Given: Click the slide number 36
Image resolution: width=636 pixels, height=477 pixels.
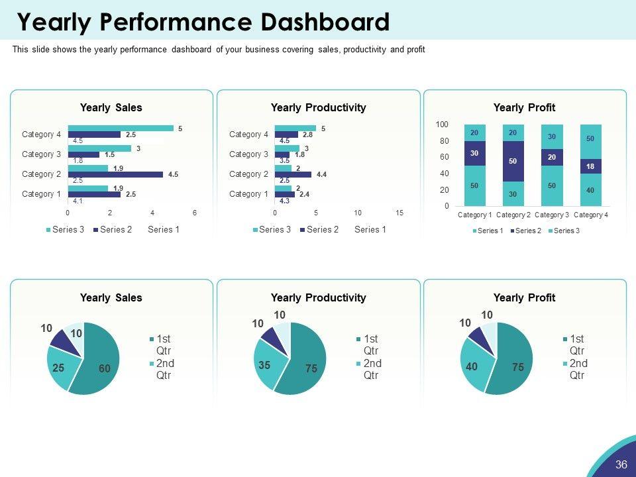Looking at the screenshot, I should (621, 464).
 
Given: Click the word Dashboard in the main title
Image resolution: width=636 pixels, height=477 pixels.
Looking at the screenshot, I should (323, 22).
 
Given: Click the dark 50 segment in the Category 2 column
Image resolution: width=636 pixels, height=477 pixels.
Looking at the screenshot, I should (513, 161).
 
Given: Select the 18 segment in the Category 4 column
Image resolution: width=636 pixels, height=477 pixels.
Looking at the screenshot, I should (590, 166).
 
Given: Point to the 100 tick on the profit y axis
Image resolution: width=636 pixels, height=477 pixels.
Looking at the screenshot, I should (442, 125).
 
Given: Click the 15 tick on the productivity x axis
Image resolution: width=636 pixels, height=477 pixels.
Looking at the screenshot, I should (399, 213).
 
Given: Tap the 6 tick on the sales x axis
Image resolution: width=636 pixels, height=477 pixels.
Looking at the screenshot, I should (195, 213).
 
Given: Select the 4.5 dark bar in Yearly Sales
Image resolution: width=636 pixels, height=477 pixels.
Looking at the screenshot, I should (115, 175).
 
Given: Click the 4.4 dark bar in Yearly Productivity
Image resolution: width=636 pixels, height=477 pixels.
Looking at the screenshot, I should (293, 175).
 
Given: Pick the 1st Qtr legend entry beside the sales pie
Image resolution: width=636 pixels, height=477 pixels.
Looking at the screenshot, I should (163, 344).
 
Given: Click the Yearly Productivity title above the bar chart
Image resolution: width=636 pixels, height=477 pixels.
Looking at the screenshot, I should (318, 107).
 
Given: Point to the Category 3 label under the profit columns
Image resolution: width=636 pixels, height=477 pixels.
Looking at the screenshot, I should (552, 215).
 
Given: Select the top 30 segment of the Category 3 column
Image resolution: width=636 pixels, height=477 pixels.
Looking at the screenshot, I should (552, 136).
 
